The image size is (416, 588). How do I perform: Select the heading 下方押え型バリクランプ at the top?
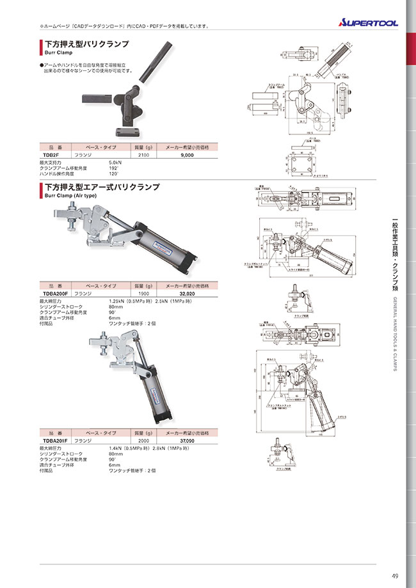pos(86,44)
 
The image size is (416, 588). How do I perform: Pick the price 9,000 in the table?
pos(188,155)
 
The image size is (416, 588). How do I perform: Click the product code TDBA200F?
pos(54,292)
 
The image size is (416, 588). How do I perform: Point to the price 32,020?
pos(188,292)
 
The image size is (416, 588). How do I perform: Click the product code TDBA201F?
pos(54,441)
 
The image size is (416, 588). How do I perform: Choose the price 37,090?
pos(188,441)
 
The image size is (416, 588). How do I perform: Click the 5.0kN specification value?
pos(115,163)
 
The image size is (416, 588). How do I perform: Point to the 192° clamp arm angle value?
pos(113,168)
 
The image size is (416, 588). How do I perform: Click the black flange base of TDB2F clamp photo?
pos(127,132)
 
